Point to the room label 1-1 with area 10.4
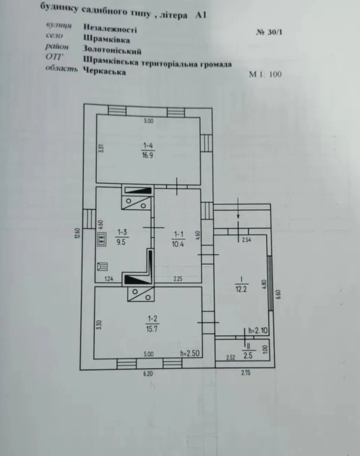click(x=178, y=239)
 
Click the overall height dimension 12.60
click(x=77, y=233)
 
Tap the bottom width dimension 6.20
click(x=148, y=373)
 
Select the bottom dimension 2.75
click(x=246, y=373)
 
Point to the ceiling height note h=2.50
click(x=190, y=353)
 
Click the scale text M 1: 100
click(x=265, y=74)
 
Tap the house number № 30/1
click(x=269, y=32)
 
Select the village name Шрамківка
click(x=106, y=39)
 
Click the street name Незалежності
click(x=110, y=28)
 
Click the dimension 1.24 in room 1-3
click(x=109, y=279)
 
